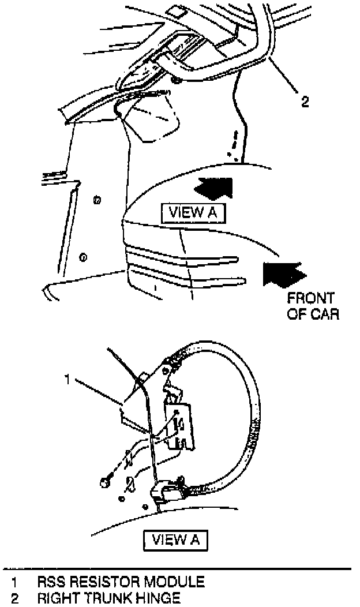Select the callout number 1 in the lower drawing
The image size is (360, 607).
click(x=68, y=380)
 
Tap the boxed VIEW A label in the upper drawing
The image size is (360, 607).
click(x=193, y=212)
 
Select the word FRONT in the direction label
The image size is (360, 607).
click(x=310, y=299)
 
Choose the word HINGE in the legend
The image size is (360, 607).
click(x=157, y=598)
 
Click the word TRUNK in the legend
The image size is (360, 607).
click(x=108, y=598)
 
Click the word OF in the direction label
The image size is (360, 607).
click(x=297, y=314)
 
